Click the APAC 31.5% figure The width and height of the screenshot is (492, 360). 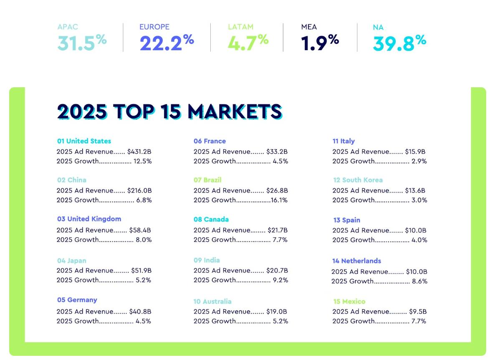coord(82,43)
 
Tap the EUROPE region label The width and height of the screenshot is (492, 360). coord(154,27)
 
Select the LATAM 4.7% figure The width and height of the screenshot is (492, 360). coord(248,43)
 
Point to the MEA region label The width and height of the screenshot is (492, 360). coord(309,27)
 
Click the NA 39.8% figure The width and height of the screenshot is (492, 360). coord(399,43)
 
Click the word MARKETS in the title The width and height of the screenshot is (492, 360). coord(235,112)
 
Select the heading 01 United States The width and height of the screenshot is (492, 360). coord(84,141)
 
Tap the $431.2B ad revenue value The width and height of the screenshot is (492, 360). coord(139,152)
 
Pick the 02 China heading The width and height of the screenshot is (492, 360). coord(72,180)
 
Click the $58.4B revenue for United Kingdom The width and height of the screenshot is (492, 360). coord(140,230)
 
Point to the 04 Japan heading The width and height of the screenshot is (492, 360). coord(72,261)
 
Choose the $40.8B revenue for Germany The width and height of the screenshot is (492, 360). coord(140,312)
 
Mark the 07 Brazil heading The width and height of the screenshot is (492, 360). coord(207,180)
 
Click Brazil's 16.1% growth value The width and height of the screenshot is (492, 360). coord(279,200)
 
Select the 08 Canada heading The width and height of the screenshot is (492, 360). coord(211,219)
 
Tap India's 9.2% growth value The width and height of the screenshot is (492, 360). coord(280,280)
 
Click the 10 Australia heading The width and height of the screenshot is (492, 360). coord(212,302)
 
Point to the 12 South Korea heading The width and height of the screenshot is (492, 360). coord(358,180)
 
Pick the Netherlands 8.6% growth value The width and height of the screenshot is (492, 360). coord(419,281)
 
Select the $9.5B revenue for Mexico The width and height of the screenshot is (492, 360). coord(418,312)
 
